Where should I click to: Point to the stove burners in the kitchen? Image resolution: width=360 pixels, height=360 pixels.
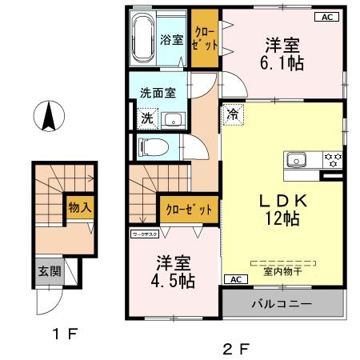click(332, 158)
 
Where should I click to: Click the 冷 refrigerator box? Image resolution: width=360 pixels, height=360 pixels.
click(232, 114)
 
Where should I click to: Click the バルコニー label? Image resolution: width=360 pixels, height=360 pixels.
click(282, 305)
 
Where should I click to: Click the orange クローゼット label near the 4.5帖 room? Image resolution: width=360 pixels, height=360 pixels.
click(190, 210)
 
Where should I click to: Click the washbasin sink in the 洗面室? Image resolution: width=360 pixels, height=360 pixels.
click(172, 120)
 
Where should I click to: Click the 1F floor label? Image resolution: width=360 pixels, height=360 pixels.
click(66, 334)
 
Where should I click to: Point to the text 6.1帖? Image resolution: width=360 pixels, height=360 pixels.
click(283, 64)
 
